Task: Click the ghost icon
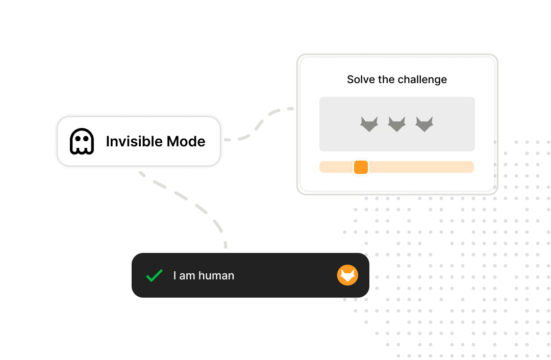(82, 141)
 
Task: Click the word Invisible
(134, 141)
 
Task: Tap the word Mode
(186, 141)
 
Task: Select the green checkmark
(154, 275)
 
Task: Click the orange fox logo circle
(347, 275)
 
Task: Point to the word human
(216, 275)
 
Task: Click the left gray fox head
(369, 124)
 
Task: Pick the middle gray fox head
(397, 124)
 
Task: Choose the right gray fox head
(424, 124)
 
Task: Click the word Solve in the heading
(361, 80)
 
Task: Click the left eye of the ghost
(78, 139)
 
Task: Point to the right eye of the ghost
(86, 139)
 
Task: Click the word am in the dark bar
(187, 276)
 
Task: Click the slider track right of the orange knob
(421, 167)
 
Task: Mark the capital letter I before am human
(174, 275)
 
